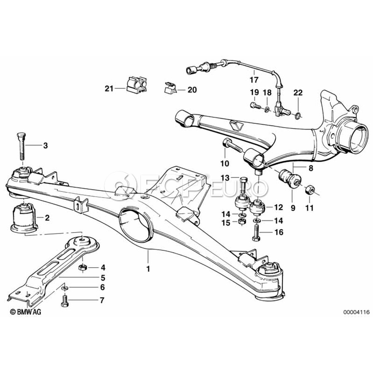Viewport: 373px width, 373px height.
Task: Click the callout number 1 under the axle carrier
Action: pyautogui.click(x=148, y=269)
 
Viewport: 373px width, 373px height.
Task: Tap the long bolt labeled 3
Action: pyautogui.click(x=22, y=147)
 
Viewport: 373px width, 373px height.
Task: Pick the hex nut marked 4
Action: pyautogui.click(x=82, y=268)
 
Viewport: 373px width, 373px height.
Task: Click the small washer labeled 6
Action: pyautogui.click(x=65, y=288)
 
